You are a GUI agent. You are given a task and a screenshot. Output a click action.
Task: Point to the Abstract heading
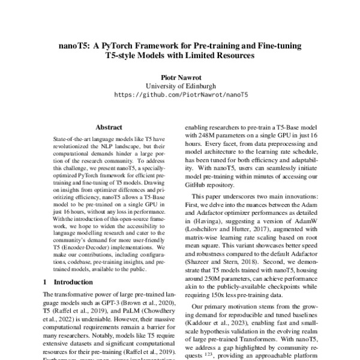[109, 127]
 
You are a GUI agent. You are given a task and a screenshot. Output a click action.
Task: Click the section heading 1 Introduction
[64, 281]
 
